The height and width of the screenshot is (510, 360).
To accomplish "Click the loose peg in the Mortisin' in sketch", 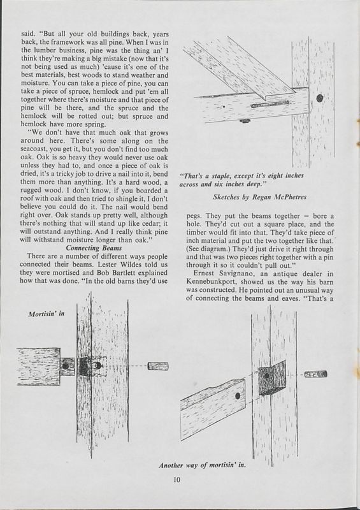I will coord(157,367).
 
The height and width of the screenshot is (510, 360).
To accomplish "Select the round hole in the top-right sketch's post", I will coord(319,99).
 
